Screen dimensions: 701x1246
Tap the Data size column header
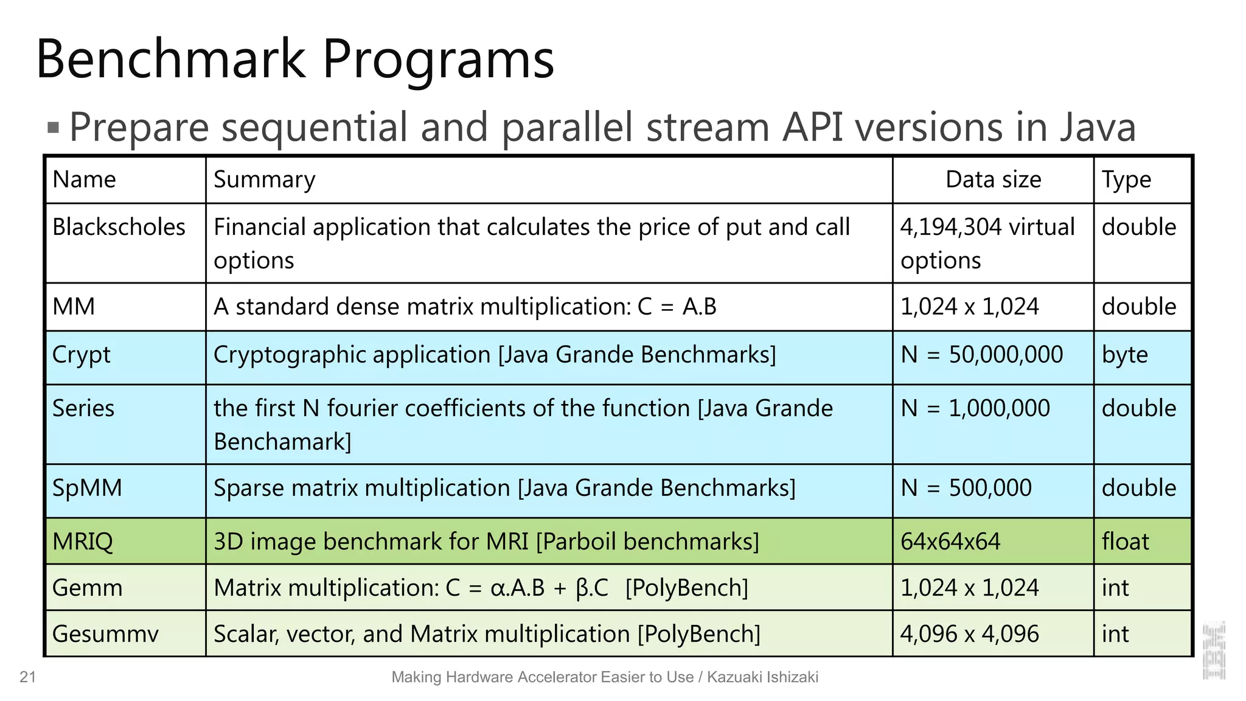click(x=993, y=180)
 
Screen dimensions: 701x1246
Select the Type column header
click(x=1126, y=180)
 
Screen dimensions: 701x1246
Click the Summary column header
click(x=265, y=180)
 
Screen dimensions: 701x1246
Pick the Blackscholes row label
click(x=119, y=227)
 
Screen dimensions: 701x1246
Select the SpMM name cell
click(x=87, y=488)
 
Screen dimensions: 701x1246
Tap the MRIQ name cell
click(x=83, y=542)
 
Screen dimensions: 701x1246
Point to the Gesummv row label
click(x=105, y=634)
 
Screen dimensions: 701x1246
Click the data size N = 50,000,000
click(x=981, y=355)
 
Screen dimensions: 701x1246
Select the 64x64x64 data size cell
click(x=950, y=542)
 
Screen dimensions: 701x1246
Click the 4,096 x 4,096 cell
click(x=969, y=634)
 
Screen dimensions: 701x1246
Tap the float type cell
click(x=1125, y=542)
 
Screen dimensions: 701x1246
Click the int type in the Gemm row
click(x=1115, y=588)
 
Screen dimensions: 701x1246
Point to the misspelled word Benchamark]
click(x=283, y=442)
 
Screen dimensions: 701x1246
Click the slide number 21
click(x=28, y=677)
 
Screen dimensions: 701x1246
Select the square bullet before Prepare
click(x=54, y=128)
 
